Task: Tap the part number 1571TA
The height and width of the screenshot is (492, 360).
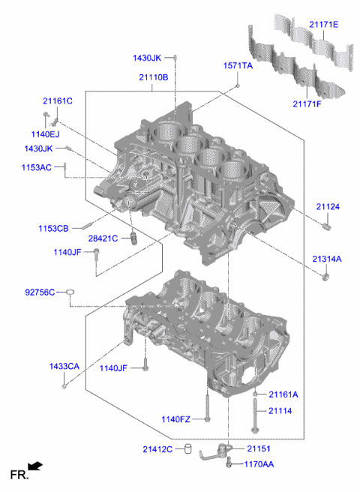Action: (238, 67)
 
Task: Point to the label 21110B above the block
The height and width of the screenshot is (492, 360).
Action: (153, 77)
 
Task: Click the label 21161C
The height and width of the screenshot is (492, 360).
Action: (57, 100)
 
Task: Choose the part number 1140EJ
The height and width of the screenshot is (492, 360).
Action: (46, 133)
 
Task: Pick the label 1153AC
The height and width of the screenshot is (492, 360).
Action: (36, 167)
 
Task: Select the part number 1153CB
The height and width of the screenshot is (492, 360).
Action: (53, 227)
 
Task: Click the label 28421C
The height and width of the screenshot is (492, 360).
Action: (103, 238)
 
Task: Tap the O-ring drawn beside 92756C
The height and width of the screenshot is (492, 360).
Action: (69, 292)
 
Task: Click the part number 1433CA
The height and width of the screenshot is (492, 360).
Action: (64, 366)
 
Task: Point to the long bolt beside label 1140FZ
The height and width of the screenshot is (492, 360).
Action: (206, 409)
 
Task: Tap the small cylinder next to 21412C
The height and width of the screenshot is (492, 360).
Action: (189, 450)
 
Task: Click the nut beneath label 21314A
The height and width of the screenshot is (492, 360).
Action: (326, 278)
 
